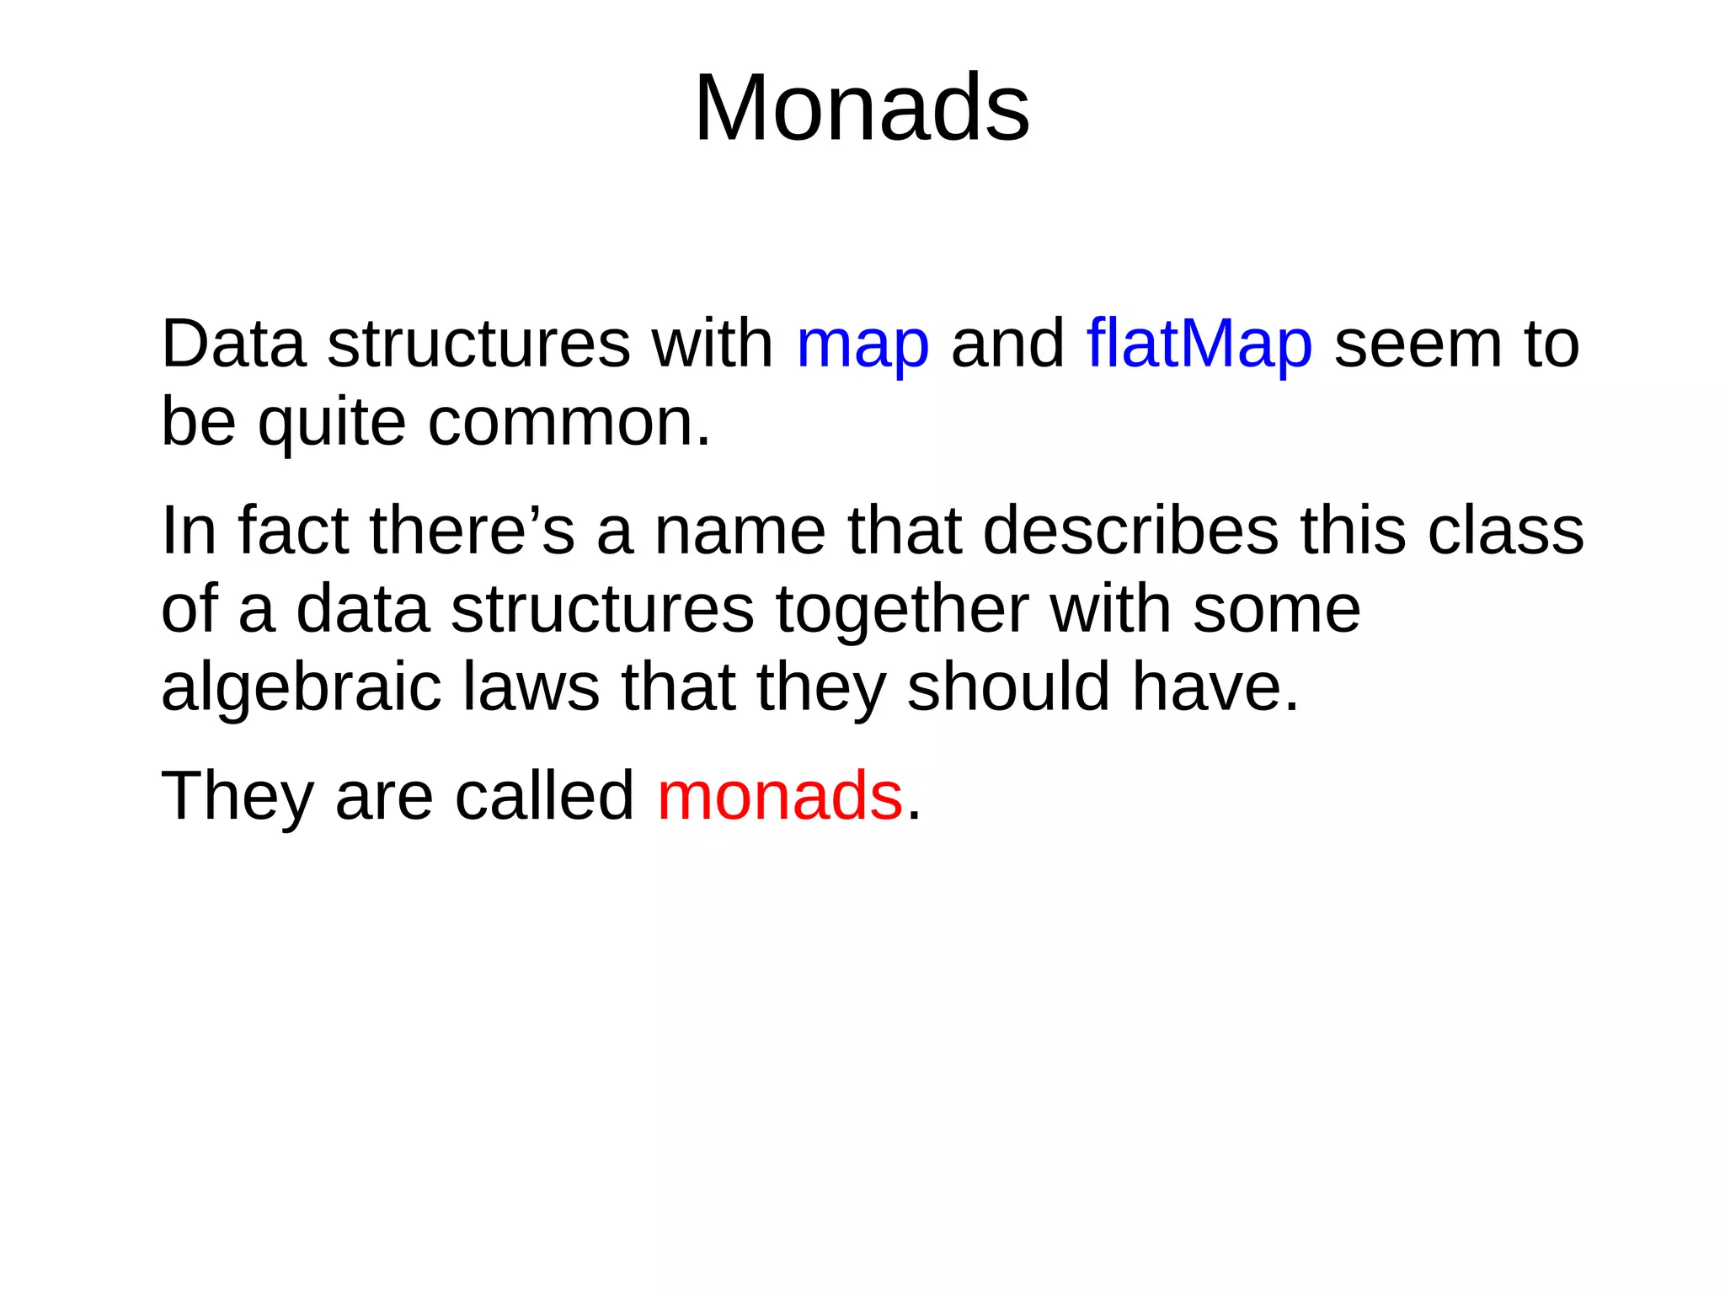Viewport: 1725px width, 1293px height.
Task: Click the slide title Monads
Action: (x=862, y=108)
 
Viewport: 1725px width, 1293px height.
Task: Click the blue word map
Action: (x=862, y=345)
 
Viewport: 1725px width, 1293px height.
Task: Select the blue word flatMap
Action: (x=1199, y=345)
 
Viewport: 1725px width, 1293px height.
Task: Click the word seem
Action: (x=1418, y=345)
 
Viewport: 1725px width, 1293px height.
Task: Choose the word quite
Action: (x=332, y=423)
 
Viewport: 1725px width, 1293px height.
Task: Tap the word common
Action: (x=569, y=423)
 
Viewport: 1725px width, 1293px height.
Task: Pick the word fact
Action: (x=293, y=531)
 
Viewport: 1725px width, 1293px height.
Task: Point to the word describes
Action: (x=1130, y=531)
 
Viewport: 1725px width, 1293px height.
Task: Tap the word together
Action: (x=902, y=610)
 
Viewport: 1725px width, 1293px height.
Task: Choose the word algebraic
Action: (x=301, y=687)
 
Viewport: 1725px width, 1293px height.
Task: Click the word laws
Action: (x=531, y=687)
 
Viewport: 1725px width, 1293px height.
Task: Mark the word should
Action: (x=1008, y=687)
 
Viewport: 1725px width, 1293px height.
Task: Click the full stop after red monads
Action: (x=914, y=815)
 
